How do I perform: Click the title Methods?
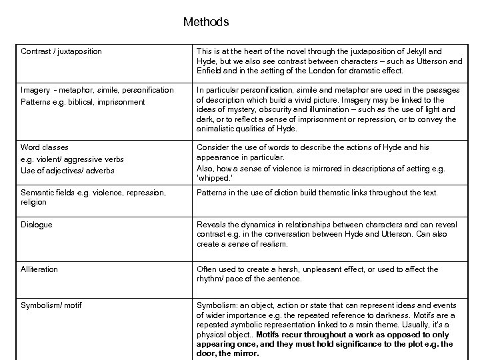coord(206,22)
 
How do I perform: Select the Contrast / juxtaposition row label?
coord(61,51)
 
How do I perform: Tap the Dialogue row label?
coord(37,225)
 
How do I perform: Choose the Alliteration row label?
coord(39,269)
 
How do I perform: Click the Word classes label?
coord(45,147)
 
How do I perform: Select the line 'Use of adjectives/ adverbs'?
coord(67,171)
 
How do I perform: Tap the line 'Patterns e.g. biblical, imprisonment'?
coord(83,102)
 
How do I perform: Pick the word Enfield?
coord(211,70)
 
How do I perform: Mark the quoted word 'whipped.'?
coord(214,178)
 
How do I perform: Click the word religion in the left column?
coord(34,202)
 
